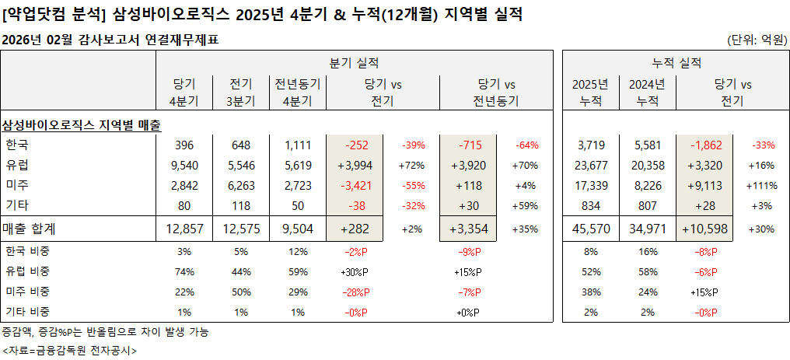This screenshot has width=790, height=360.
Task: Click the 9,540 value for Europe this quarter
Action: [x=184, y=166]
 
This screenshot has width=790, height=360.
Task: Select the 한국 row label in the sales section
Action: [x=16, y=145]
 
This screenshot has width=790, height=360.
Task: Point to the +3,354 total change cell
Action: [x=470, y=229]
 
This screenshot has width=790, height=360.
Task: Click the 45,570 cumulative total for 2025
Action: [x=590, y=229]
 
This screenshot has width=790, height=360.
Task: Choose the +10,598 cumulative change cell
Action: [x=705, y=229]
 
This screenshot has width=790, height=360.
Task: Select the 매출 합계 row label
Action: [x=31, y=229]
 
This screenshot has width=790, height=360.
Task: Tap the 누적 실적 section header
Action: [x=676, y=63]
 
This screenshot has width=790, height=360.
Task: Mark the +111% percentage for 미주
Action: [x=760, y=186]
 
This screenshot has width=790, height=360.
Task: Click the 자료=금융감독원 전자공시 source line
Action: [x=68, y=350]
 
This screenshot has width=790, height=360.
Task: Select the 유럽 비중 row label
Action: [x=26, y=271]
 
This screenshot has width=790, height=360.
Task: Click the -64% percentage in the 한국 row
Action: [x=526, y=145]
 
